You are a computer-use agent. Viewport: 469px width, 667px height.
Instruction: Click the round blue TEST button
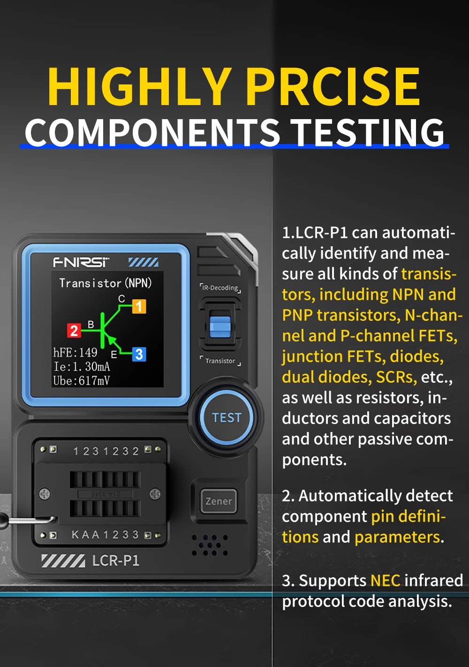[227, 417]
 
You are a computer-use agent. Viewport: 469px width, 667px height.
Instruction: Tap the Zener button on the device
[219, 501]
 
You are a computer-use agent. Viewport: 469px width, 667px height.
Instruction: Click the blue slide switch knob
[219, 326]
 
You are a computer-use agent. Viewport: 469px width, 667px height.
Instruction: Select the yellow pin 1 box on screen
[139, 306]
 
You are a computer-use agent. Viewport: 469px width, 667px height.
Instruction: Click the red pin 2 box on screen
[74, 331]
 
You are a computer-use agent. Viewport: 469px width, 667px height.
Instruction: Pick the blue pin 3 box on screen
[139, 354]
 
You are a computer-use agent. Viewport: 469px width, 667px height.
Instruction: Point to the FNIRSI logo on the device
[81, 262]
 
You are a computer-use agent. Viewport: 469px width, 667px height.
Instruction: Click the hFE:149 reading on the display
[75, 352]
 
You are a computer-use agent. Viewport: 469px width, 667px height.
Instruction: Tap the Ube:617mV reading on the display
[81, 380]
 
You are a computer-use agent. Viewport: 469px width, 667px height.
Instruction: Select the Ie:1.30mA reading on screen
[82, 366]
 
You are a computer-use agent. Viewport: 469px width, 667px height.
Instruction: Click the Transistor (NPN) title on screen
[106, 283]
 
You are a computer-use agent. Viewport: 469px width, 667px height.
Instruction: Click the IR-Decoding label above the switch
[220, 288]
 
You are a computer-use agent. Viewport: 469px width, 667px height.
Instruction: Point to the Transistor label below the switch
[220, 361]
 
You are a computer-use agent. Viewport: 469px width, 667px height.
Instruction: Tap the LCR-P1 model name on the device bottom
[116, 561]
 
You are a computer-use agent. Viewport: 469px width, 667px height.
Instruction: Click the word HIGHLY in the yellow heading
[139, 87]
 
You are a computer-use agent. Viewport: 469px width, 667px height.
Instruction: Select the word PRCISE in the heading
[333, 87]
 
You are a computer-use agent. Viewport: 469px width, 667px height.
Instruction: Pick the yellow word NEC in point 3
[385, 580]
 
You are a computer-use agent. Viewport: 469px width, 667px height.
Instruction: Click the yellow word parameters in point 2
[397, 537]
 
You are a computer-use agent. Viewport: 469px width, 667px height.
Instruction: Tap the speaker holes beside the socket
[210, 545]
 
